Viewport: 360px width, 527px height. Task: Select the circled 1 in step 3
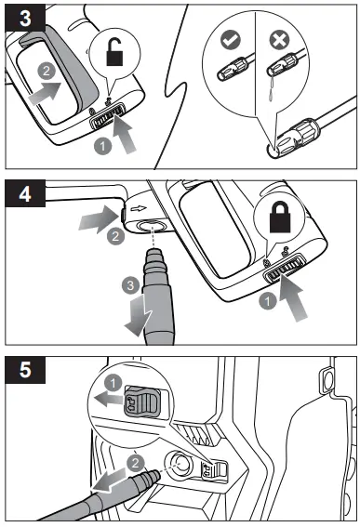[x=104, y=146]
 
